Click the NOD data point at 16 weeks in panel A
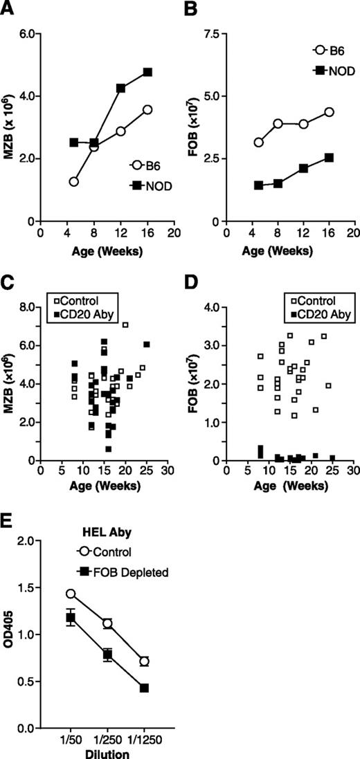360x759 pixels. (x=147, y=72)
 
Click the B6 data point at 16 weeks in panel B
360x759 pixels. (x=329, y=112)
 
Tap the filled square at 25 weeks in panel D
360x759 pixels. (x=332, y=457)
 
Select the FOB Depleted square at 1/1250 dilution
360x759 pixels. (x=144, y=688)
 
